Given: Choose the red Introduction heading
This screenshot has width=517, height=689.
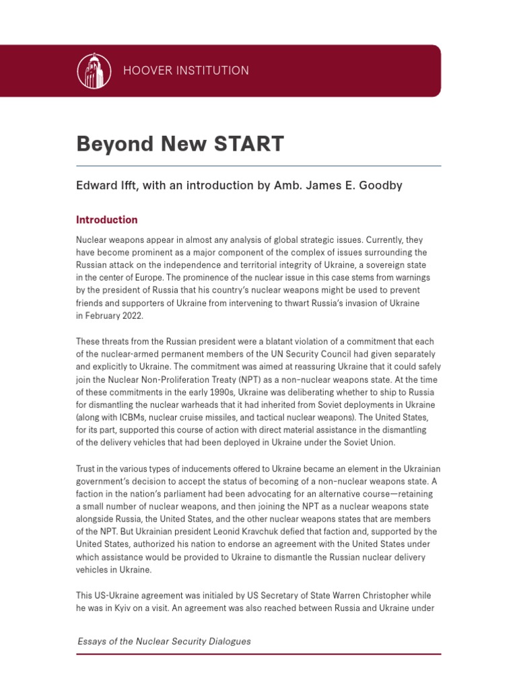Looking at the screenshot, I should point(106,220).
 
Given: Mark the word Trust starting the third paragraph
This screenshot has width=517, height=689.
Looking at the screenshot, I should point(87,468).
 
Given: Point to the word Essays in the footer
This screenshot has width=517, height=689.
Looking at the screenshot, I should point(92,641).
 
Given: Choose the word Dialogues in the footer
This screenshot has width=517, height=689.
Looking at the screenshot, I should point(228,641).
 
